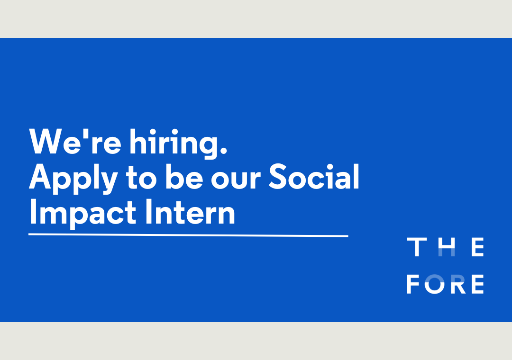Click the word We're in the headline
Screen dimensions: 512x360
[75, 141]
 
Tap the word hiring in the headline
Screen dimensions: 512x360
[174, 144]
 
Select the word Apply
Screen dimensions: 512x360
[73, 179]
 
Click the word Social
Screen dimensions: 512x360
[314, 176]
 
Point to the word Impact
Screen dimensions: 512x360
[83, 214]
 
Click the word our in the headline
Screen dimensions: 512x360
[236, 180]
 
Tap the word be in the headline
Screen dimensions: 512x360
[184, 177]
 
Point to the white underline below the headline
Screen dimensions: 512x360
[188, 235]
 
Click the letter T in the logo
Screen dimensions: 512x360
[417, 247]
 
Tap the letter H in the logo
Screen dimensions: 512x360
[447, 247]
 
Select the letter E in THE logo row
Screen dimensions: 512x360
[477, 247]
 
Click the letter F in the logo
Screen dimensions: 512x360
[413, 284]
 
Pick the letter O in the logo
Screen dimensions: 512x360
[435, 284]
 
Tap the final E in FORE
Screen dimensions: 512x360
[477, 284]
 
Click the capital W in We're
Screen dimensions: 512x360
[45, 141]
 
